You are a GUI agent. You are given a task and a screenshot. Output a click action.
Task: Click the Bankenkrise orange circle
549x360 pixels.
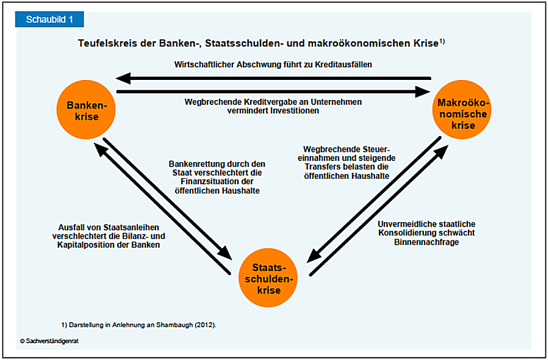[86, 110]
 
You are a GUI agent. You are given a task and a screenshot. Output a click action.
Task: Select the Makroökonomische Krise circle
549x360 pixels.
[462, 110]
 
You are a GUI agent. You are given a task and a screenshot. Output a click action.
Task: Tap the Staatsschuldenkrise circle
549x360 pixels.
[268, 278]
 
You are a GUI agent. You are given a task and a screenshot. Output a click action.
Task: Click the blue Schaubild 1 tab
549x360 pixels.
[49, 20]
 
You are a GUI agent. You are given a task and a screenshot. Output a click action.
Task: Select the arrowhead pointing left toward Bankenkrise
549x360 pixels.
[123, 79]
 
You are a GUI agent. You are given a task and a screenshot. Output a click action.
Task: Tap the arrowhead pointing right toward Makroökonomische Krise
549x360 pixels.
[422, 92]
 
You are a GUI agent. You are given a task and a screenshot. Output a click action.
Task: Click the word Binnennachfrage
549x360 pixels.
[426, 242]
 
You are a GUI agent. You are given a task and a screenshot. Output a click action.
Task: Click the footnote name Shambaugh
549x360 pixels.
[174, 325]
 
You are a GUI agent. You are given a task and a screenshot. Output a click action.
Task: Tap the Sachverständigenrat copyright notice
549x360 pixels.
[49, 341]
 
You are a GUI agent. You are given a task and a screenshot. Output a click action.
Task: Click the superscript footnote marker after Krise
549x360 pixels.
[442, 41]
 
